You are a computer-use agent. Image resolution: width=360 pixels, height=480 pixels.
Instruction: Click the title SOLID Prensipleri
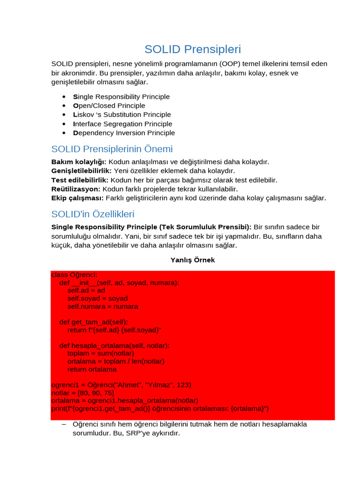click(x=193, y=49)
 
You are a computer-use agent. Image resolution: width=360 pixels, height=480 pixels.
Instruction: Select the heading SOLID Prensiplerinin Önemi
click(x=112, y=149)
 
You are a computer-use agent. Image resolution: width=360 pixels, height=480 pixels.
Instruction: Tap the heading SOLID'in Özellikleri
click(x=93, y=214)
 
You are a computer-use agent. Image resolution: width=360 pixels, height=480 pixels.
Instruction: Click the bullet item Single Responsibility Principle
click(x=121, y=97)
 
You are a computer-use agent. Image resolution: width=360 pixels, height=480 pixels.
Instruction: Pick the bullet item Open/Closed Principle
click(x=109, y=105)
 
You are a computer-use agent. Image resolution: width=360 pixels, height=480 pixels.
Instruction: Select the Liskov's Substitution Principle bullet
click(x=122, y=114)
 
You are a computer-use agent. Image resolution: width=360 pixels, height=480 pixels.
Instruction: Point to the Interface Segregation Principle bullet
click(x=123, y=124)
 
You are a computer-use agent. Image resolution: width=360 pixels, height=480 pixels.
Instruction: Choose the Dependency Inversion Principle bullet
click(x=124, y=133)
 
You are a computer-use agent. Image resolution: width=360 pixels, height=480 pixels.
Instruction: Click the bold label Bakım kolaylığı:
click(x=79, y=162)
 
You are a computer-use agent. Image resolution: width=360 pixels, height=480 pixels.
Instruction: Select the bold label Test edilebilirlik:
click(x=80, y=180)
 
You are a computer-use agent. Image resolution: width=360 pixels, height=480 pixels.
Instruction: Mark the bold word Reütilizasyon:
click(x=76, y=189)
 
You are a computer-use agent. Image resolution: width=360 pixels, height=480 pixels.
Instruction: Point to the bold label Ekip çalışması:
click(x=77, y=198)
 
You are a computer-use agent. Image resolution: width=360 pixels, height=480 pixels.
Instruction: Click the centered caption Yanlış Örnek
click(x=193, y=260)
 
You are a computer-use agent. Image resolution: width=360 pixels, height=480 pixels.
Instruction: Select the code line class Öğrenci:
click(x=74, y=275)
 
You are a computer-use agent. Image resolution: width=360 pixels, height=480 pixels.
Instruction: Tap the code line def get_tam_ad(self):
click(x=94, y=322)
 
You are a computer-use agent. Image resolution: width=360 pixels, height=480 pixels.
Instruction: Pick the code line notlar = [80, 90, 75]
click(x=82, y=393)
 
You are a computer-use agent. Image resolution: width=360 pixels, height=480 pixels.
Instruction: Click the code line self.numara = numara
click(x=103, y=307)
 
